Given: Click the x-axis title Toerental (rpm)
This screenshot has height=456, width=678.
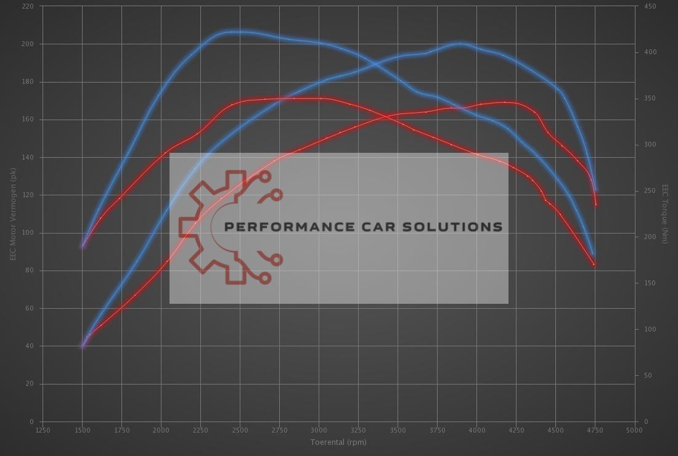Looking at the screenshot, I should [x=338, y=442].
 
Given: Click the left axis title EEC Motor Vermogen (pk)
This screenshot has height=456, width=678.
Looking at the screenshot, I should [x=12, y=213].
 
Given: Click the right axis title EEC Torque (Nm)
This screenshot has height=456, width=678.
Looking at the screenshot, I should [x=665, y=213].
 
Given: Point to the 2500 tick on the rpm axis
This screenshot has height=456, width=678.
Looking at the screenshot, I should [x=240, y=430].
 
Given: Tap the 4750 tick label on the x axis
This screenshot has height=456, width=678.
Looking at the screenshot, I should [x=595, y=430].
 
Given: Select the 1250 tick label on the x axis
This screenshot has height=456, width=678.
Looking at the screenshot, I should [x=43, y=430].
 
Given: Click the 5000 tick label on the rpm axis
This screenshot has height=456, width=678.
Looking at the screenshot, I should [x=634, y=430].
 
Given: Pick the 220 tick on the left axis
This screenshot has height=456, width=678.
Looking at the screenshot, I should [x=28, y=6].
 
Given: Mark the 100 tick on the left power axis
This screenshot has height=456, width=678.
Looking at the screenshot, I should [x=28, y=233].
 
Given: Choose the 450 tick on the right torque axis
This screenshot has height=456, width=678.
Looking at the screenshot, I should [x=650, y=6].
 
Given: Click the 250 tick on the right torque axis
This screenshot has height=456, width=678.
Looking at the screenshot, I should [x=650, y=191].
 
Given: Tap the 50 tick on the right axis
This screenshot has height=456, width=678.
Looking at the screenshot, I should [x=648, y=375].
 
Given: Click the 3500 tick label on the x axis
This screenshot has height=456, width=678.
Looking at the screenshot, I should [x=398, y=430].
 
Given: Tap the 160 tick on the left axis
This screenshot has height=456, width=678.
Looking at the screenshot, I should [x=28, y=120].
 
